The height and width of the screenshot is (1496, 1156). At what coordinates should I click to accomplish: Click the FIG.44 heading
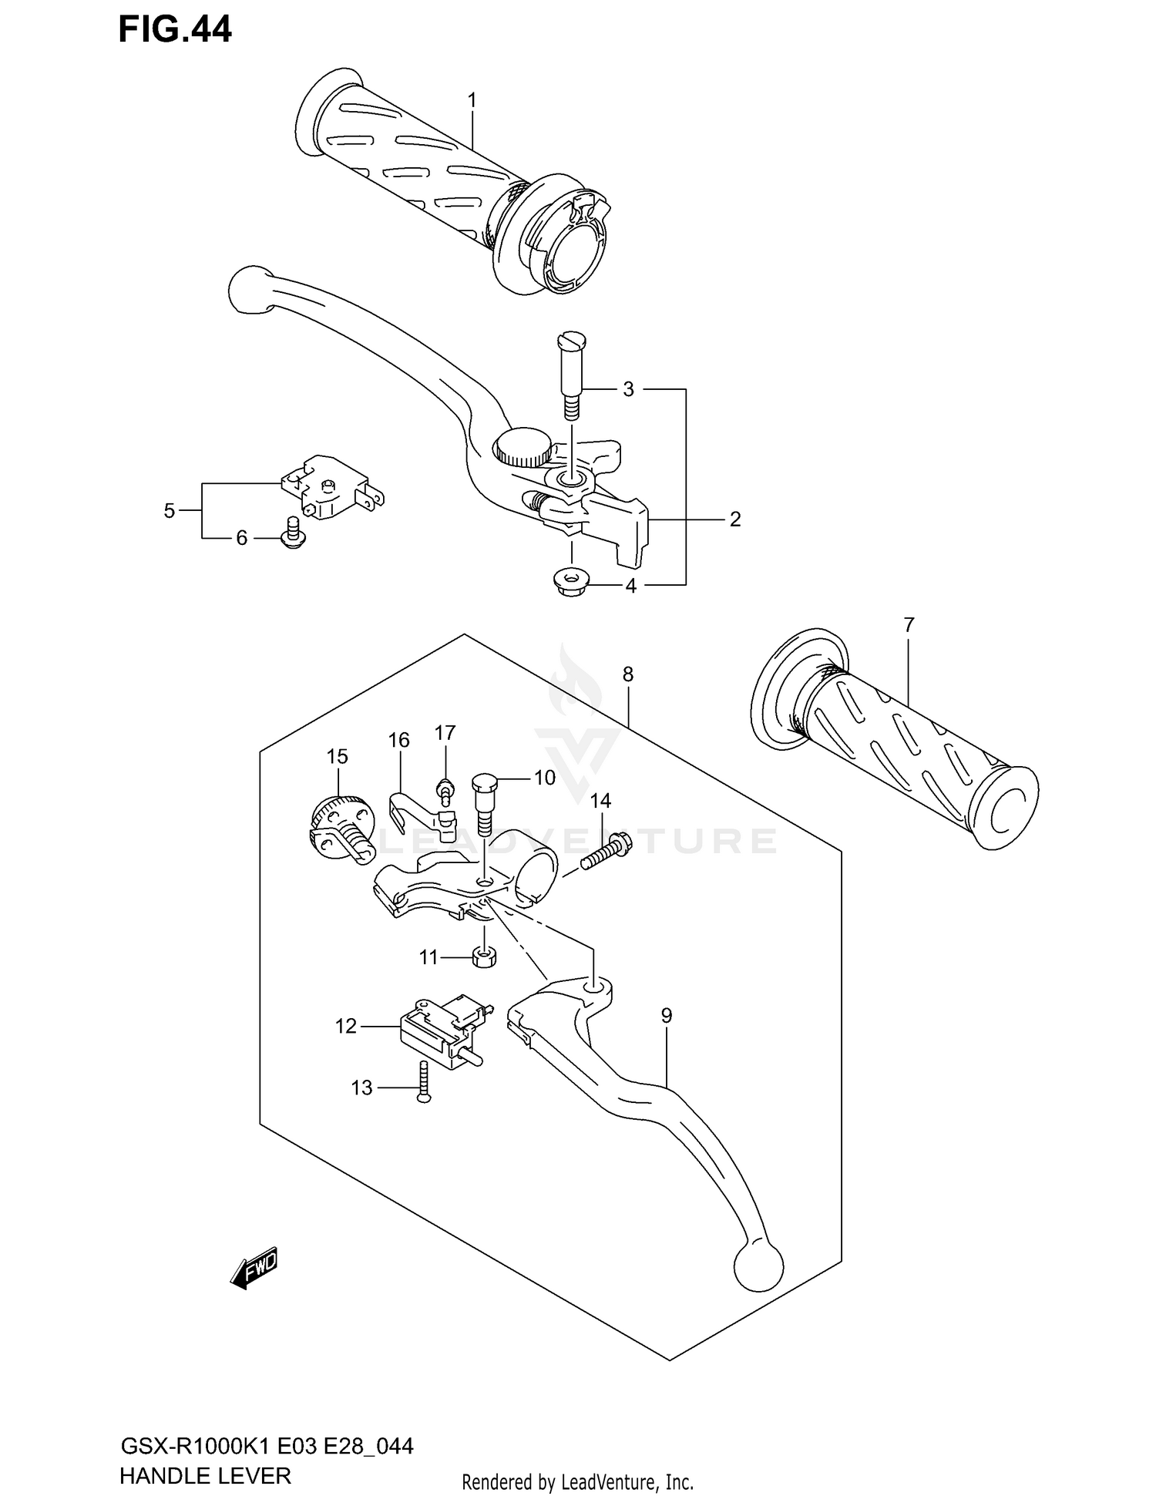[175, 29]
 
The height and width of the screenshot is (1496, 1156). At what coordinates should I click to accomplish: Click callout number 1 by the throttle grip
[472, 101]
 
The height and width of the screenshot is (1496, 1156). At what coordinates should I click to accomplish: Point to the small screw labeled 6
[292, 533]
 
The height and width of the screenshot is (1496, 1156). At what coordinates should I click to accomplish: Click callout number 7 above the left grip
[909, 625]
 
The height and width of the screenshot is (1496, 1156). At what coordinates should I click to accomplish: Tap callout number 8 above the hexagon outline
[627, 674]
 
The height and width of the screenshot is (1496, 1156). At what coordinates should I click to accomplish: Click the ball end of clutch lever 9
[758, 1264]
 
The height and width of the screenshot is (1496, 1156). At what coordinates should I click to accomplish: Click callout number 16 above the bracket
[398, 741]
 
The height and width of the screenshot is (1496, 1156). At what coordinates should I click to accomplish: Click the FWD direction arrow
[254, 1268]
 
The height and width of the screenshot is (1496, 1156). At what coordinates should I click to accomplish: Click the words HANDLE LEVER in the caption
[205, 1476]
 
